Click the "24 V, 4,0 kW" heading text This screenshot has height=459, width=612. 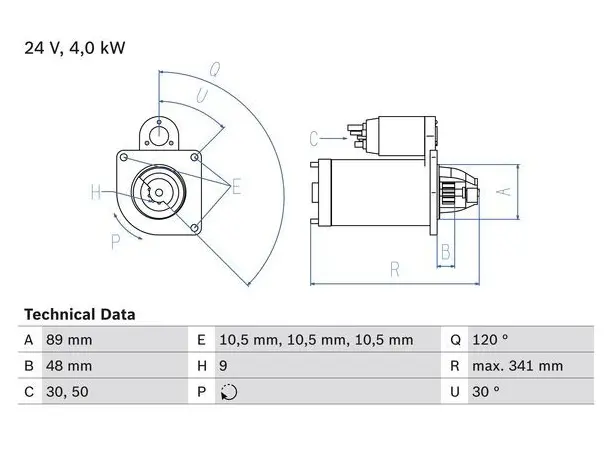(x=75, y=48)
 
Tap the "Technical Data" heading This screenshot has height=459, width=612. (x=80, y=315)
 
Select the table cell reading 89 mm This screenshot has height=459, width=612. (x=69, y=340)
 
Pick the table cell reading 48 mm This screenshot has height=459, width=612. (x=69, y=366)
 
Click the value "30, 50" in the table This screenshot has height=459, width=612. (x=67, y=392)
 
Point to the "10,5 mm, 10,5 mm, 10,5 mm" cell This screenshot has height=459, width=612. (x=316, y=340)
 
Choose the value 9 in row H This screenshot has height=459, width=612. (x=223, y=366)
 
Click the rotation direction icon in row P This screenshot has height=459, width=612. (x=229, y=392)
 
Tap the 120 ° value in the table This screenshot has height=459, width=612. (x=490, y=340)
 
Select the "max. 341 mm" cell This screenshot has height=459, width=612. (x=518, y=366)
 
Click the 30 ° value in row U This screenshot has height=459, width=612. (x=486, y=391)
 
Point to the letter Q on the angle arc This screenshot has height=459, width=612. (x=215, y=69)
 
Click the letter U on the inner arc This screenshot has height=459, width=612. (x=202, y=96)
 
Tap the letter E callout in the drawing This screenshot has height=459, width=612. (x=236, y=187)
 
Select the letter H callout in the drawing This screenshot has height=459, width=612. (x=96, y=192)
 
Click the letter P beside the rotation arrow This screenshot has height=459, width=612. (x=116, y=242)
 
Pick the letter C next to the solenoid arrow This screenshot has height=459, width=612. (x=314, y=139)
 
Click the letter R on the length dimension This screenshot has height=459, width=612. (x=395, y=270)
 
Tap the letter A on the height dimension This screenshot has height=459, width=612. (x=505, y=192)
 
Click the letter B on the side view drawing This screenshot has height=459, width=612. (x=446, y=252)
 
